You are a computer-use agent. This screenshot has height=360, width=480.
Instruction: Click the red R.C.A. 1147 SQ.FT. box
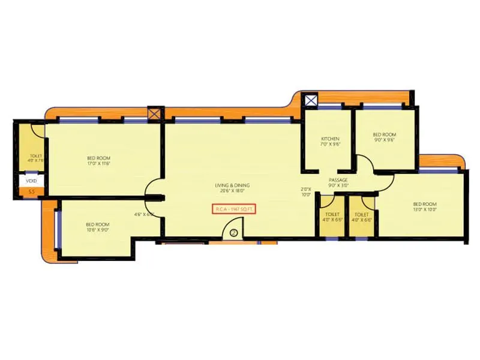click(234, 209)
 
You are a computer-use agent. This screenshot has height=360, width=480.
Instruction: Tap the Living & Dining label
click(232, 185)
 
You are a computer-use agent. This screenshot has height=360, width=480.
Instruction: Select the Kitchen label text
click(330, 139)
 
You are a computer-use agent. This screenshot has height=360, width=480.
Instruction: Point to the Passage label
click(338, 180)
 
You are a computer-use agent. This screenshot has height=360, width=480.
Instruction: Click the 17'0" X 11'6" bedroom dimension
click(98, 163)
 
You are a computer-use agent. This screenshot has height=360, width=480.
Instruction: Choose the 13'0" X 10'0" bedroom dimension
click(424, 209)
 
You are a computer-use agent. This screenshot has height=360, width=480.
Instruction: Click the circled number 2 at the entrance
click(233, 232)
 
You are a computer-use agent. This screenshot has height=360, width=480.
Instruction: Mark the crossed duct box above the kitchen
click(310, 100)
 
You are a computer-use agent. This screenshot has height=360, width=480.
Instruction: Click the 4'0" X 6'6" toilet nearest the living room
click(331, 217)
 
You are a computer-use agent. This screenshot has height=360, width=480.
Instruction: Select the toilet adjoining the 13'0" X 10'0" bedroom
click(362, 217)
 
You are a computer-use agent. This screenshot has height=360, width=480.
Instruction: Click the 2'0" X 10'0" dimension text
click(306, 192)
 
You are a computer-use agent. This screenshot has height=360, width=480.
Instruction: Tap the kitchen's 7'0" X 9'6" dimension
click(331, 145)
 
